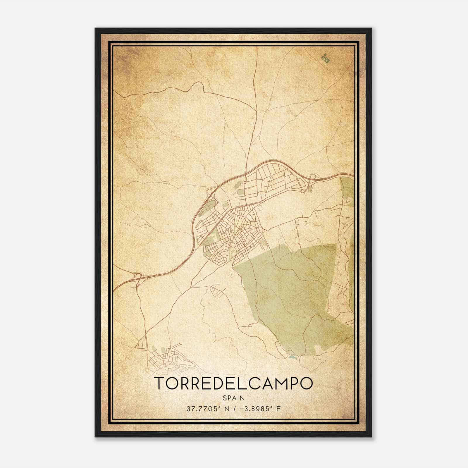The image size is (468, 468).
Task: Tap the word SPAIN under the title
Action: pyautogui.click(x=233, y=398)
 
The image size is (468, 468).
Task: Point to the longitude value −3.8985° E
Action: pyautogui.click(x=260, y=409)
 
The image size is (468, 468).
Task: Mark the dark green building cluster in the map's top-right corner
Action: pyautogui.click(x=326, y=58)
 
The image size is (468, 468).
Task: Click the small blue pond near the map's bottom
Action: pyautogui.click(x=292, y=357)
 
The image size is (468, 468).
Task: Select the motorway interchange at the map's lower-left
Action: pyautogui.click(x=137, y=277)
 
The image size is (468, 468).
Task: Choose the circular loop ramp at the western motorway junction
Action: pyautogui.click(x=209, y=192)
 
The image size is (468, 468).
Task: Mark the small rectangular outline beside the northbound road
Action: pyautogui.click(x=251, y=121)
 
